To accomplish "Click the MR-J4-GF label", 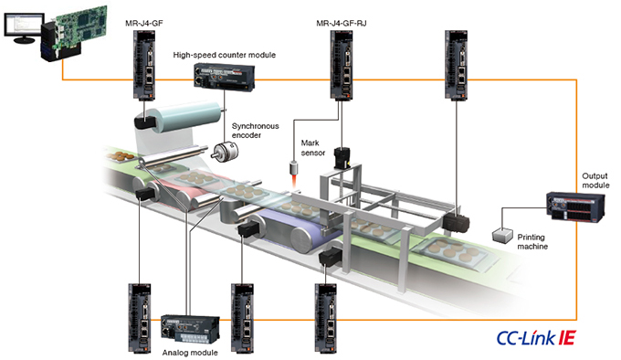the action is tap(143, 23).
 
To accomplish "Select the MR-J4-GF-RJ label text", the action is tap(342, 24).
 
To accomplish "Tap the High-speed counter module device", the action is tap(224, 77).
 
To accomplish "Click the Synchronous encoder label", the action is tap(255, 131).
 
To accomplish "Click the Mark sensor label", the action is tap(313, 148).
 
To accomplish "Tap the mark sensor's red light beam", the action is tap(294, 182).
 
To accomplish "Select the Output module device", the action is tap(575, 207).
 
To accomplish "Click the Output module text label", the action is tap(595, 181).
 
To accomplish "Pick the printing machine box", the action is tap(502, 236).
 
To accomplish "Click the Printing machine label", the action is tap(532, 241).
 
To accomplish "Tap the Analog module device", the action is tap(190, 329).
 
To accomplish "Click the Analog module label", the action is tap(190, 353).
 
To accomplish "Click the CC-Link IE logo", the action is tap(536, 338).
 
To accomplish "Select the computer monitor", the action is tap(24, 27).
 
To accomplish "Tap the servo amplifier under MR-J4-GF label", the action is tap(143, 65).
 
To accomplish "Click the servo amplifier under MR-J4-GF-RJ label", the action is tap(342, 65).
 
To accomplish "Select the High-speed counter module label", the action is tap(224, 55).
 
